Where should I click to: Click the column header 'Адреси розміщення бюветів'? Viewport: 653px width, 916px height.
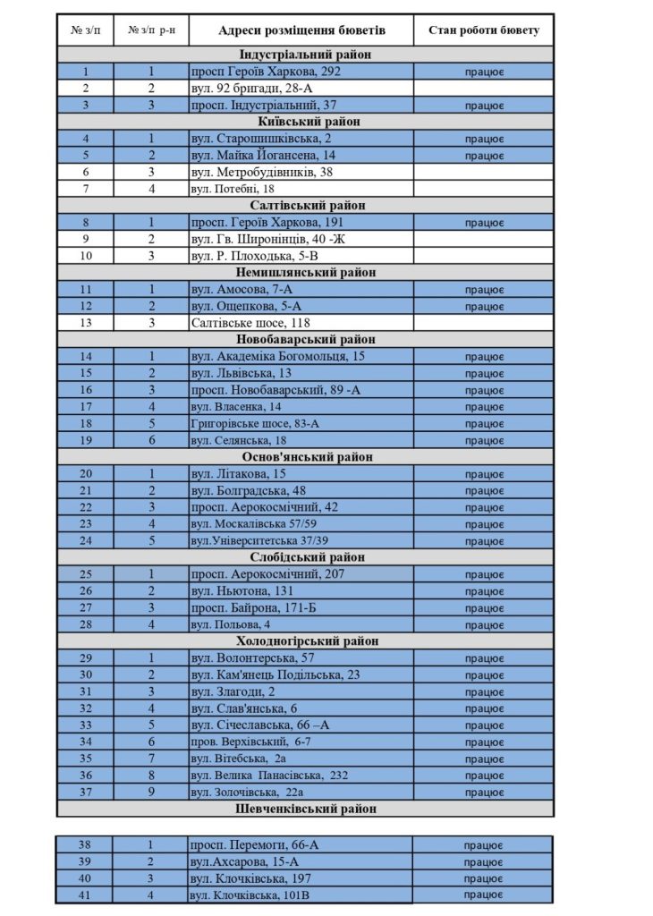pyautogui.click(x=301, y=30)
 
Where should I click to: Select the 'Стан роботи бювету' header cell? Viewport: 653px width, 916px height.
pyautogui.click(x=484, y=30)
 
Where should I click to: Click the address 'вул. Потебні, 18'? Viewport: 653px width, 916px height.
pyautogui.click(x=233, y=189)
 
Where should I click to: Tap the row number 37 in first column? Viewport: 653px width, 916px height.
pyautogui.click(x=86, y=793)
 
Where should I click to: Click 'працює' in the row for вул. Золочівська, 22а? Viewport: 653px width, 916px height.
pyautogui.click(x=484, y=793)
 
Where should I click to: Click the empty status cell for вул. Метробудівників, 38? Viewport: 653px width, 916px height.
pyautogui.click(x=484, y=172)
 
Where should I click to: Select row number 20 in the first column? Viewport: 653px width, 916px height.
pyautogui.click(x=86, y=474)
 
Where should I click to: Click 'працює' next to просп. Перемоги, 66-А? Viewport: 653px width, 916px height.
pyautogui.click(x=484, y=844)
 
